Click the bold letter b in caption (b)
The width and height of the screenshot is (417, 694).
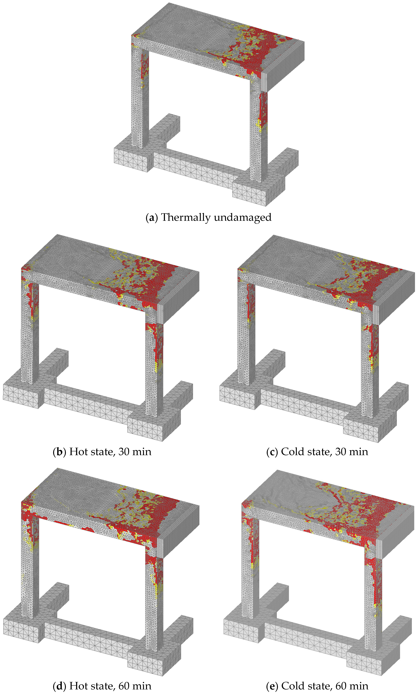pyautogui.click(x=59, y=452)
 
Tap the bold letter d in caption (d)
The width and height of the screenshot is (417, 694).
pyautogui.click(x=59, y=686)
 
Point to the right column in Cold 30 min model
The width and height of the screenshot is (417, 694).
pyautogui.click(x=370, y=365)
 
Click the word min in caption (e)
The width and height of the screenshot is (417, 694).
pyautogui.click(x=360, y=686)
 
